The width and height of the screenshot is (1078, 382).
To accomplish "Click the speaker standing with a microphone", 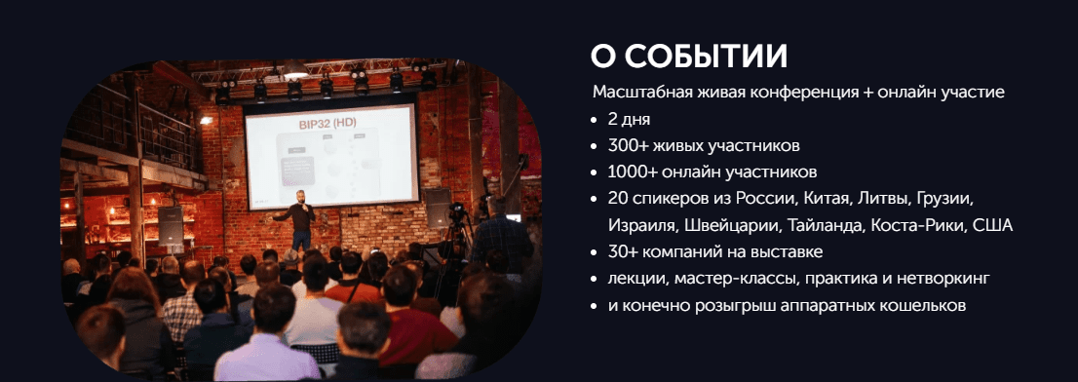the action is point(300,220).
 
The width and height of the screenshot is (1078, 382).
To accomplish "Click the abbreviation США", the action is point(993,225).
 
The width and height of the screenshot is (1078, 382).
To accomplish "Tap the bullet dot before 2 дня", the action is point(594,120).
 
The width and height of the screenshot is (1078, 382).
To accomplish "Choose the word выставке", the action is point(789,252).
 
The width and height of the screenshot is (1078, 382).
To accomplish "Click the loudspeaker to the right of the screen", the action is point(437,208).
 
